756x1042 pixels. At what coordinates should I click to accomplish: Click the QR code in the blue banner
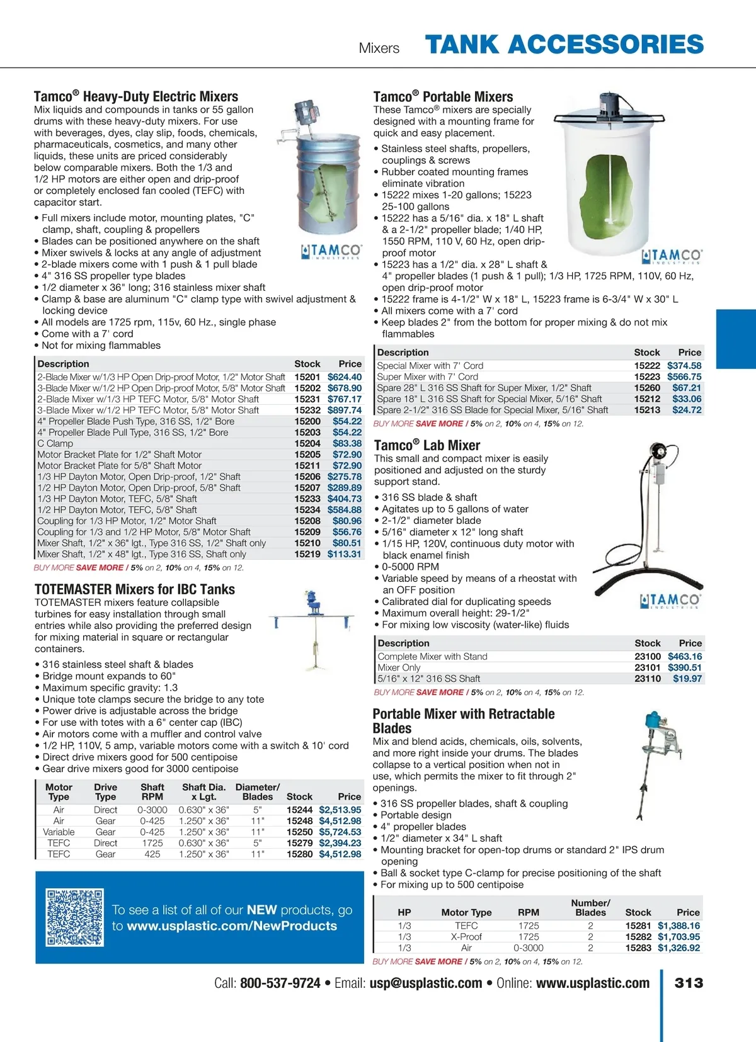[x=74, y=917]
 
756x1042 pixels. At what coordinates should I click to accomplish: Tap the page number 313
[x=688, y=983]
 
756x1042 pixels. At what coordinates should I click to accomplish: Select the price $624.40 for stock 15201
[x=344, y=377]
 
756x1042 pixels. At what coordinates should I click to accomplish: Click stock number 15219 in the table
[x=307, y=554]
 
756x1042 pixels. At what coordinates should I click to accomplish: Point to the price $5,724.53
[x=340, y=832]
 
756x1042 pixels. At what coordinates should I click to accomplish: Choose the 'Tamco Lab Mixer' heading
[x=427, y=445]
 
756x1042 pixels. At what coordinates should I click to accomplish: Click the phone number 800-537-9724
[x=280, y=983]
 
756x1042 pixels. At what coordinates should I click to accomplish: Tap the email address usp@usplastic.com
[x=425, y=983]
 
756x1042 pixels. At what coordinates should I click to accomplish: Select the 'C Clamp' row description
[x=55, y=443]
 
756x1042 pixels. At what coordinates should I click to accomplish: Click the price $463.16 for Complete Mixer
[x=685, y=656]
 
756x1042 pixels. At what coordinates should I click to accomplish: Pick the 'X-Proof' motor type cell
[x=466, y=937]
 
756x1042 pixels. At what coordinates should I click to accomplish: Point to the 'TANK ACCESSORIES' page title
[x=564, y=45]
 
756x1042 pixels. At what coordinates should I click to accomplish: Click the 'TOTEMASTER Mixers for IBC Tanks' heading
[x=135, y=589]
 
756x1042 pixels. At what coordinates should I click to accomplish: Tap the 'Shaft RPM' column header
[x=152, y=791]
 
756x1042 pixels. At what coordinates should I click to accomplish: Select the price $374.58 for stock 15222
[x=684, y=365]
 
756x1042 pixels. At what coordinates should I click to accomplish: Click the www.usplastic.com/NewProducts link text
[x=232, y=926]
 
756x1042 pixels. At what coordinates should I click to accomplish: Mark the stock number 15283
[x=638, y=948]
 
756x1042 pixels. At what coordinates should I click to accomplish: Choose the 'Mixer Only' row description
[x=399, y=667]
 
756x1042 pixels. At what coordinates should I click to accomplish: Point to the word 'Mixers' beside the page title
[x=379, y=48]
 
